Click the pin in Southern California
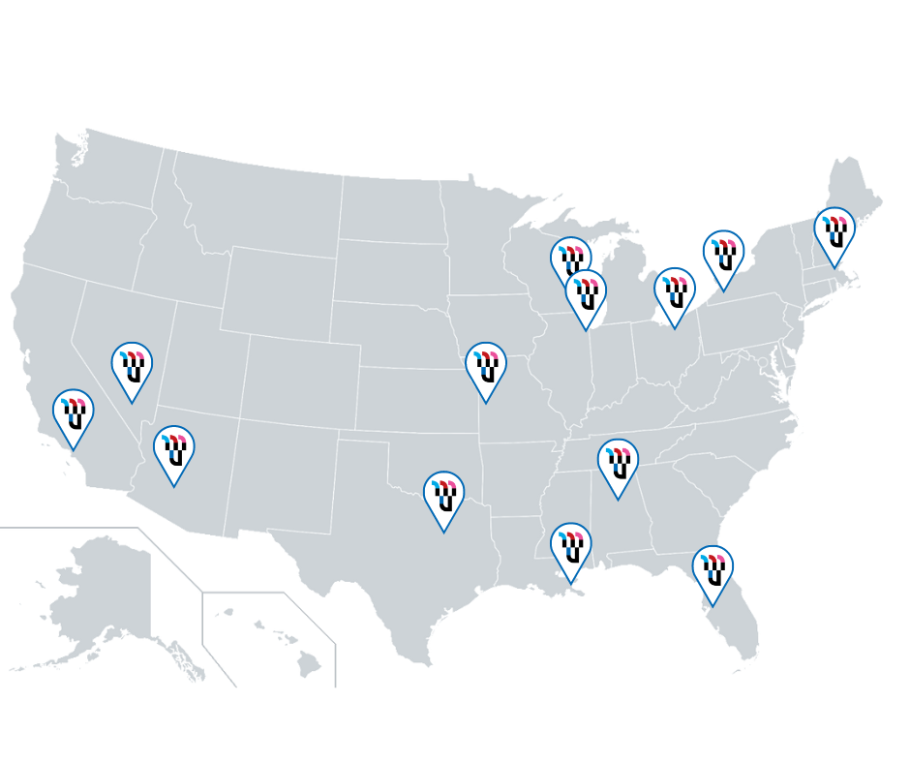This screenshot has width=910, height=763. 73,415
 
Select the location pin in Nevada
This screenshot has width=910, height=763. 132,367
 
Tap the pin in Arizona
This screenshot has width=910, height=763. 174,450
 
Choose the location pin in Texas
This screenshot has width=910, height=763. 444,496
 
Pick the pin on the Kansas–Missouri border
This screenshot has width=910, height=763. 486,367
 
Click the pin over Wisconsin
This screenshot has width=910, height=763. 571,260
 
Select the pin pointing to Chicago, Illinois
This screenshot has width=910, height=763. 586,294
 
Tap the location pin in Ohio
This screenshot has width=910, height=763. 675,292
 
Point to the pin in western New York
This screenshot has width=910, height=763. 723,256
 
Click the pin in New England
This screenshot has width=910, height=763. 834,232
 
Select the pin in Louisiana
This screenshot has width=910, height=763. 571,548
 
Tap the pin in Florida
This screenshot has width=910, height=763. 713,570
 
